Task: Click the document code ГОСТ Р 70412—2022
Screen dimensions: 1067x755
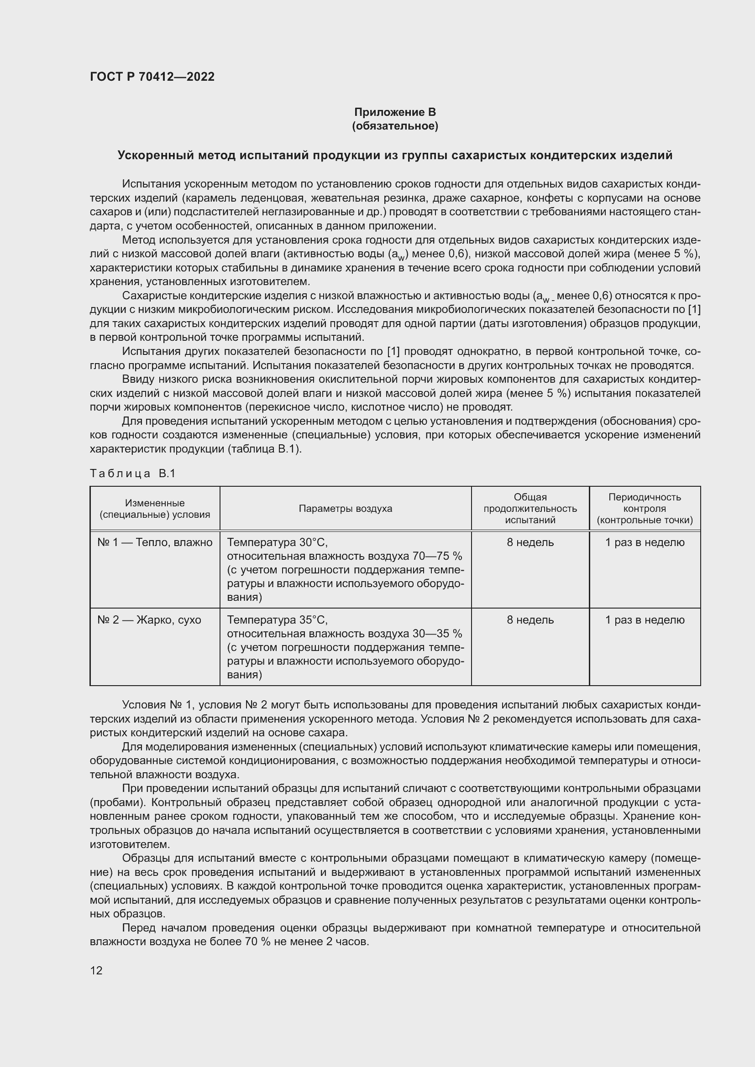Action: pyautogui.click(x=152, y=77)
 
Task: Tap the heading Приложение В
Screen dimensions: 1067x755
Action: pyautogui.click(x=395, y=112)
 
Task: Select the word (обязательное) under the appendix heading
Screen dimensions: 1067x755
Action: pyautogui.click(x=395, y=126)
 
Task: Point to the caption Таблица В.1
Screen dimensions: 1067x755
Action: pyautogui.click(x=132, y=474)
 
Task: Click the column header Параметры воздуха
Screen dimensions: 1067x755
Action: pyautogui.click(x=345, y=508)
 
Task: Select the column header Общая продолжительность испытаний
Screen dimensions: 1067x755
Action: pyautogui.click(x=530, y=508)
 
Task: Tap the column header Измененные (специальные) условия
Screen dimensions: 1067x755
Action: pyautogui.click(x=155, y=508)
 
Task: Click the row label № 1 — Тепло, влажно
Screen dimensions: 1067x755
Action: pyautogui.click(x=155, y=542)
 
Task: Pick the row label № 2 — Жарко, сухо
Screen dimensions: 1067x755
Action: pyautogui.click(x=149, y=620)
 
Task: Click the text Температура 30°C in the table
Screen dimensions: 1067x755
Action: pyautogui.click(x=277, y=542)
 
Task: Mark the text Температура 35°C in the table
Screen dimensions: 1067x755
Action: pyautogui.click(x=277, y=620)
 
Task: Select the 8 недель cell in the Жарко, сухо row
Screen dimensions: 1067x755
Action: pyautogui.click(x=530, y=620)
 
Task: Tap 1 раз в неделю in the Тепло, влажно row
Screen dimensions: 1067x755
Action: pyautogui.click(x=645, y=542)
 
